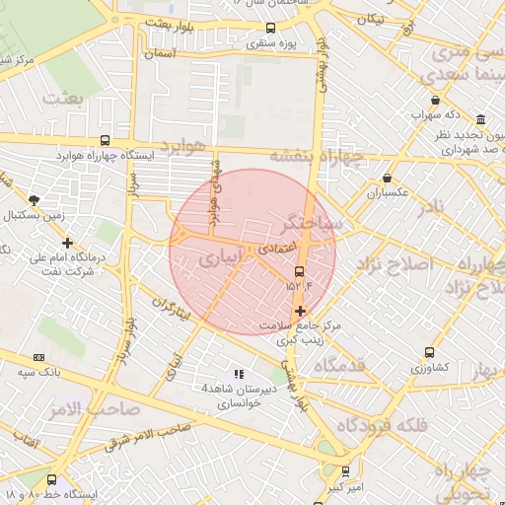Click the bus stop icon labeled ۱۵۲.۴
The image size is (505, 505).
tap(300, 272)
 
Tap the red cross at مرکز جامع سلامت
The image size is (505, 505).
tap(300, 311)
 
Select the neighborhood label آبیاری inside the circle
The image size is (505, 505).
tap(219, 259)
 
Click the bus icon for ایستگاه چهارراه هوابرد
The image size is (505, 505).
tap(106, 141)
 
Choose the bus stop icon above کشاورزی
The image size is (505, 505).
tap(429, 352)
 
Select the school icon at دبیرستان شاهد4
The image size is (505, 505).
tap(239, 374)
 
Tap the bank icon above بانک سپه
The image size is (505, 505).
tap(39, 357)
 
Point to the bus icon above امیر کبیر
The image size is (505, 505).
tap(345, 471)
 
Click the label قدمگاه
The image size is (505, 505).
tap(340, 366)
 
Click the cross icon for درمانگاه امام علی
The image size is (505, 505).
tap(67, 243)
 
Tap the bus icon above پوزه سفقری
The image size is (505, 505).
tap(271, 29)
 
